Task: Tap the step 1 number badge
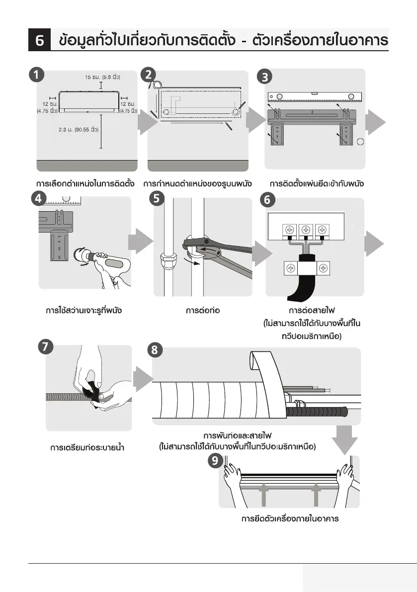[35, 76]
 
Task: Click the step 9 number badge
[215, 461]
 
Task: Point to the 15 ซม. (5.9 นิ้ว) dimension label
[102, 77]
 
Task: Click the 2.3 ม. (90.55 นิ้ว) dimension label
[78, 129]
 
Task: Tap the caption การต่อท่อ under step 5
[203, 311]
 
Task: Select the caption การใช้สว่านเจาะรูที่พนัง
[84, 311]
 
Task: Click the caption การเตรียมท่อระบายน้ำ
[87, 448]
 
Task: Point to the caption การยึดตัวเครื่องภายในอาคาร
[290, 519]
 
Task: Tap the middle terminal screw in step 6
[306, 230]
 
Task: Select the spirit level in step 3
[316, 97]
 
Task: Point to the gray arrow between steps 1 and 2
[146, 123]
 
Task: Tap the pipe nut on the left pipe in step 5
[165, 260]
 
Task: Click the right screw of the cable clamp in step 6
[323, 268]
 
